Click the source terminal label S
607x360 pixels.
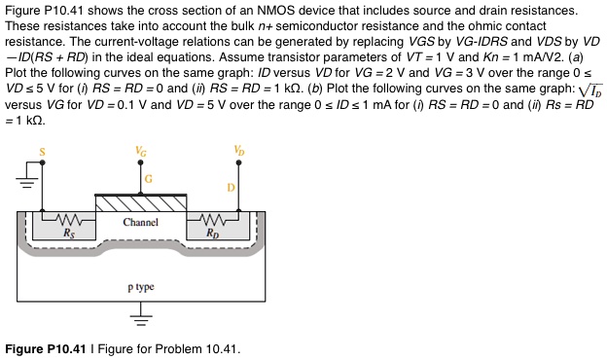(x=43, y=151)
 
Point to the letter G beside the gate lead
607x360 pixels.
(x=149, y=179)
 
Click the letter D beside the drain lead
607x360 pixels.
(x=232, y=185)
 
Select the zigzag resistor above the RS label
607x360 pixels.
(x=68, y=220)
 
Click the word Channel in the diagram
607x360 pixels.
(x=141, y=223)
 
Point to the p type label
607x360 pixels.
(x=141, y=288)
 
